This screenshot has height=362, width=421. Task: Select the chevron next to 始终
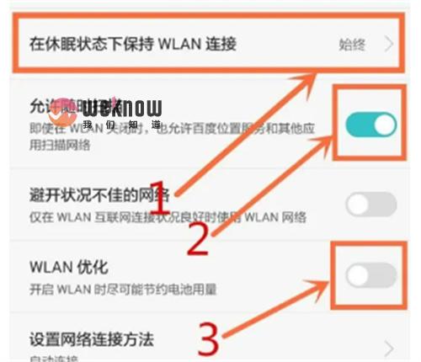[x=389, y=44]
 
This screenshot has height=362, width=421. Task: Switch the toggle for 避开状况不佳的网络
[x=370, y=204]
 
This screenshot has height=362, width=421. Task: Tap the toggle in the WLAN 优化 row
[x=370, y=275]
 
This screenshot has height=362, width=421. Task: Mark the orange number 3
[x=208, y=338]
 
